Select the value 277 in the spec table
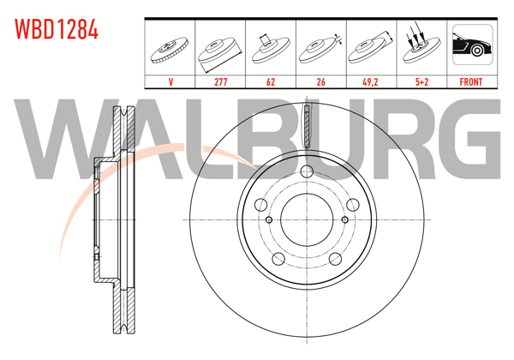click(x=220, y=82)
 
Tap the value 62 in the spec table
click(x=270, y=82)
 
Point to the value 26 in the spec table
click(x=320, y=82)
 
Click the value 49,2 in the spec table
click(x=370, y=82)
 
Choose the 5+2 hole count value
click(x=420, y=82)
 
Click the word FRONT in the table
click(x=470, y=82)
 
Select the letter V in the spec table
click(x=170, y=82)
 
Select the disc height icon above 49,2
click(x=370, y=48)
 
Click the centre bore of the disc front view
click(x=307, y=219)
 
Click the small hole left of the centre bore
click(x=269, y=219)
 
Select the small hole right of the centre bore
click(x=345, y=219)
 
